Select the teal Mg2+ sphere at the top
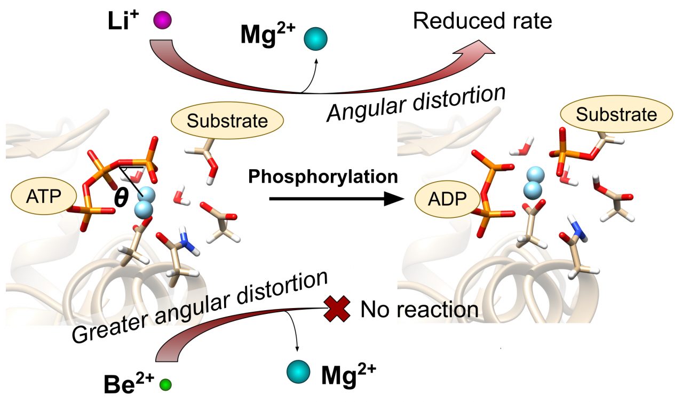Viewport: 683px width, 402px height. point(315,40)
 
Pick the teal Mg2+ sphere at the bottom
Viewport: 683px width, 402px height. point(298,372)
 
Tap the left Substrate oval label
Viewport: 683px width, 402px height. point(227,121)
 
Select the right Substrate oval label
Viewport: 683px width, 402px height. point(616,115)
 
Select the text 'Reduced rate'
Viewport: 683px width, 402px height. point(482,21)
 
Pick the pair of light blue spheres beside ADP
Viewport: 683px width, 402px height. point(535,183)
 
